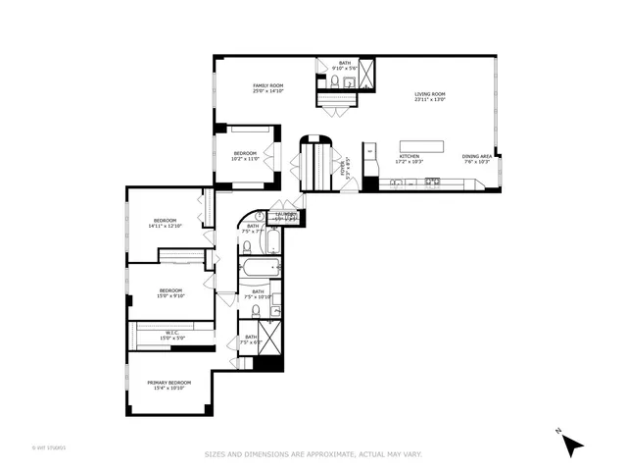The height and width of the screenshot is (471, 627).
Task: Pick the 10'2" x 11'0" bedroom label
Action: coord(245,155)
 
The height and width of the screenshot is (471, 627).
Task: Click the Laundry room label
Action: coord(285,215)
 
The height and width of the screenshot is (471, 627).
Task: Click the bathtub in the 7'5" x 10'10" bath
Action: coord(262,268)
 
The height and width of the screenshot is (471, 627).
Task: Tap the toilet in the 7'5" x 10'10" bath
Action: coord(255,311)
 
